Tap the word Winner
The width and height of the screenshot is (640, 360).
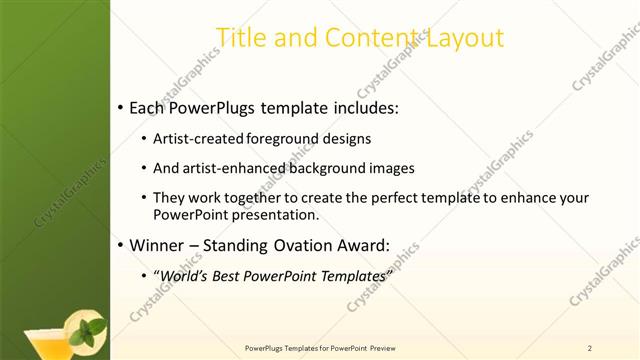coord(158,244)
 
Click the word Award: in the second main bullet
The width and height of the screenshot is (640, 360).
coord(363,244)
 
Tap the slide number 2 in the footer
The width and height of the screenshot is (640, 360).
coord(590,348)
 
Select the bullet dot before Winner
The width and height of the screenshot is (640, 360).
coord(121,245)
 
